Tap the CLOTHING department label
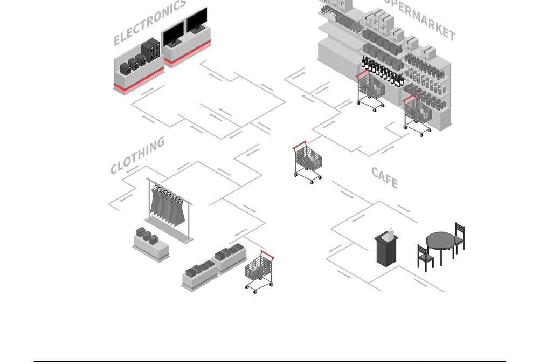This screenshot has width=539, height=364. pos(137,155)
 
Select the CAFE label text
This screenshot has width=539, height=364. pos(384,178)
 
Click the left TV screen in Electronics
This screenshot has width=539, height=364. pos(174,34)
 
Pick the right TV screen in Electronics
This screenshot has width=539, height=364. pos(197,20)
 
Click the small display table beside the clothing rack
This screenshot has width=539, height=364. pos(150,245)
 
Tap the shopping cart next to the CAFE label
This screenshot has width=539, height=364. pos(308,161)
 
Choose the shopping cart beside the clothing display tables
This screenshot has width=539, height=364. pos(259,271)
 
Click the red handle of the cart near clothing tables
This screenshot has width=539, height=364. pos(267,255)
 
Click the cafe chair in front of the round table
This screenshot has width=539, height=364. pos(425,258)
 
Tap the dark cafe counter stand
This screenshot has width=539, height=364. pos(386,249)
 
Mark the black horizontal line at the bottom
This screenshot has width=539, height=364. pos(269,361)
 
